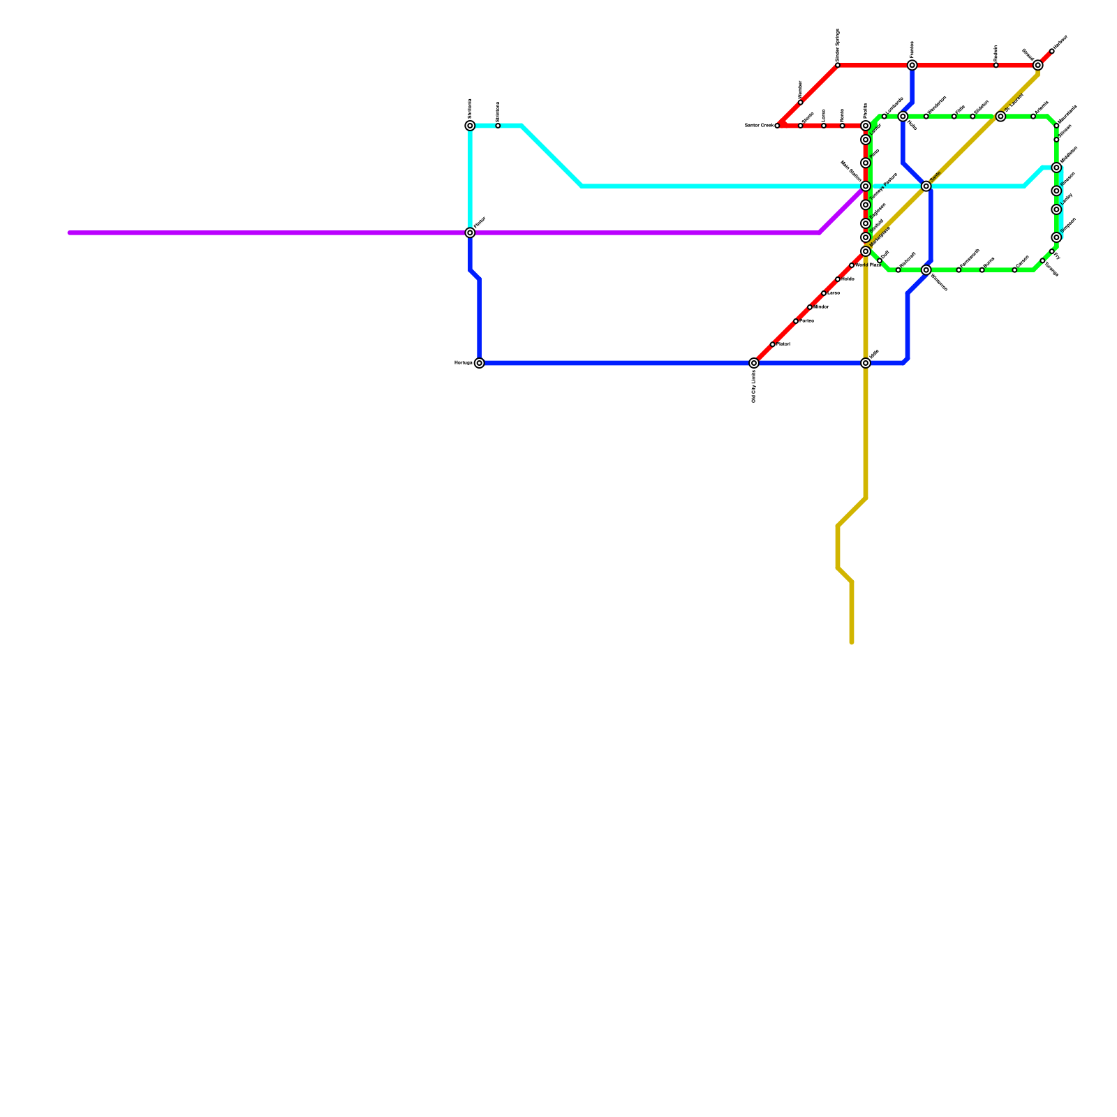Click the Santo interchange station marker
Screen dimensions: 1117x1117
point(926,186)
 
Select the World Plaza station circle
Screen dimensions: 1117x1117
point(852,265)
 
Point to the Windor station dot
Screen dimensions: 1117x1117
point(810,307)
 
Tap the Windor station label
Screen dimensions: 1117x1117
point(822,307)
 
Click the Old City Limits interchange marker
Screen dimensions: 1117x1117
point(754,363)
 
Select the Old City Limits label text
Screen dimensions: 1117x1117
point(754,387)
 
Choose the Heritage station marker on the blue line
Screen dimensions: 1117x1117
point(479,363)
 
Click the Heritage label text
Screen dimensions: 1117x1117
point(464,363)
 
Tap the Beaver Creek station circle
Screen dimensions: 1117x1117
point(777,126)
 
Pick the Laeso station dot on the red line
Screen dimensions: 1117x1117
point(824,126)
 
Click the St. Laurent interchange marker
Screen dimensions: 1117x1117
point(1000,117)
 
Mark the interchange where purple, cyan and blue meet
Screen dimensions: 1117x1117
point(470,232)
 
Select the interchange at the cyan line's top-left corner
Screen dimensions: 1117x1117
point(470,126)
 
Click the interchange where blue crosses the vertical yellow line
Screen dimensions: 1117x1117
point(866,363)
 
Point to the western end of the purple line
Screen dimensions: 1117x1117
point(70,232)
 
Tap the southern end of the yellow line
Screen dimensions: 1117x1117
point(852,642)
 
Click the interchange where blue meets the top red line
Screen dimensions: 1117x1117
point(912,66)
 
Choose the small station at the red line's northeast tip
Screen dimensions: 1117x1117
point(1052,52)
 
